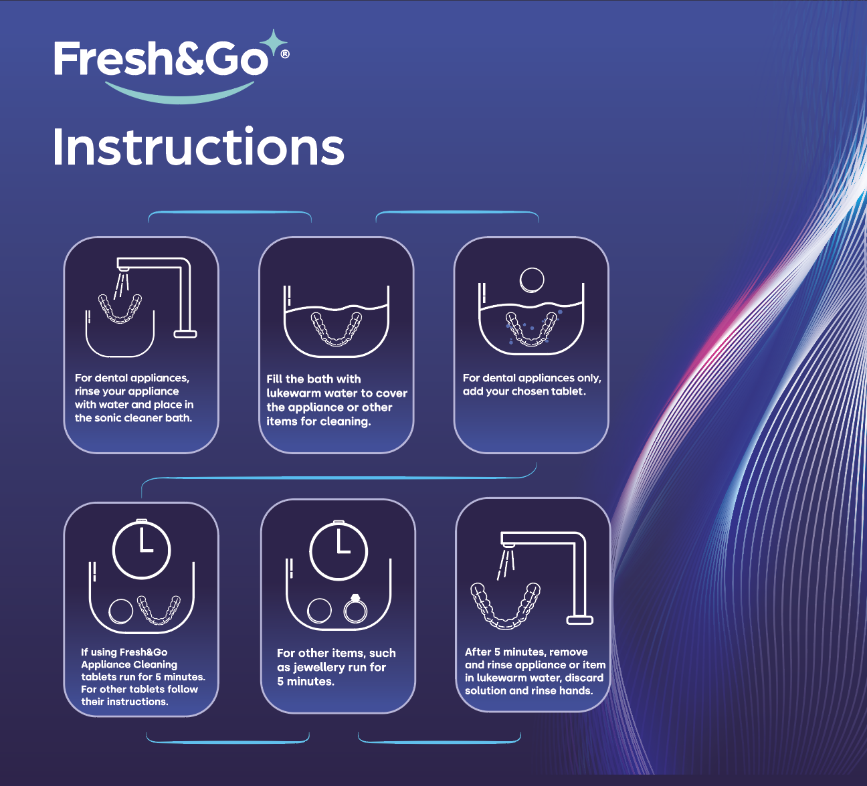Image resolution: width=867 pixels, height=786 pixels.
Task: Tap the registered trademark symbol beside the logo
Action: click(x=285, y=54)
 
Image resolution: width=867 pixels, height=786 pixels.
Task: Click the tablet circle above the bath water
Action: click(x=532, y=280)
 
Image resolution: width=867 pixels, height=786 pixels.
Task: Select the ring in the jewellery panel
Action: click(x=355, y=609)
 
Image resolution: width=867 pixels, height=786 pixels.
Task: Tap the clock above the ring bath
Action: click(x=339, y=551)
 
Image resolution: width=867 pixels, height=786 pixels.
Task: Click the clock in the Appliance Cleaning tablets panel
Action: click(x=141, y=549)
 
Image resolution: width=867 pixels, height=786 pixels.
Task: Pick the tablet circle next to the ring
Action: click(x=319, y=611)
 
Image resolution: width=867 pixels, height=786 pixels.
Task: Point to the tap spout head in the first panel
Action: click(x=124, y=269)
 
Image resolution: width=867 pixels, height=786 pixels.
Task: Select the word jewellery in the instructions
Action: click(x=319, y=668)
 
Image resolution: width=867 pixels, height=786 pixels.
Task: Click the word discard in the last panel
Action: click(x=583, y=678)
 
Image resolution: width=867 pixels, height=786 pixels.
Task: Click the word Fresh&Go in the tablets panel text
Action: click(x=143, y=652)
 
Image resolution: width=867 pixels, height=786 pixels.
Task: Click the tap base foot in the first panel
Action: click(x=185, y=334)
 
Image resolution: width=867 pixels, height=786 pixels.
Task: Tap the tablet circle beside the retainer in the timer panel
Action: click(x=120, y=611)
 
